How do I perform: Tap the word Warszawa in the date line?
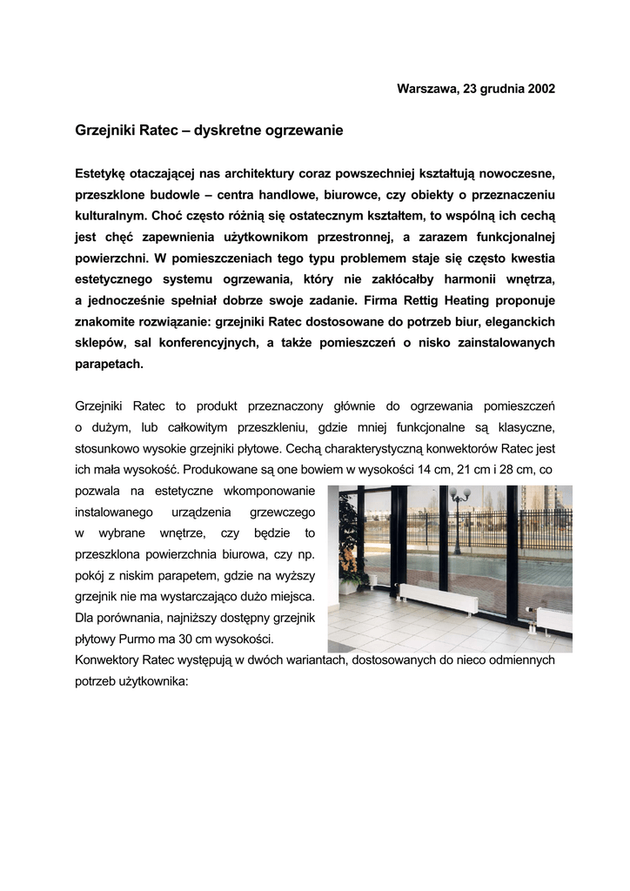click(x=425, y=89)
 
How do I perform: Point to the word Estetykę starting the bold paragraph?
click(x=101, y=173)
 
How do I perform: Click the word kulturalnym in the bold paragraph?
click(x=111, y=215)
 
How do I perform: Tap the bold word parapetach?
click(x=109, y=364)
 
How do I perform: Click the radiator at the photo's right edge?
click(x=554, y=620)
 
